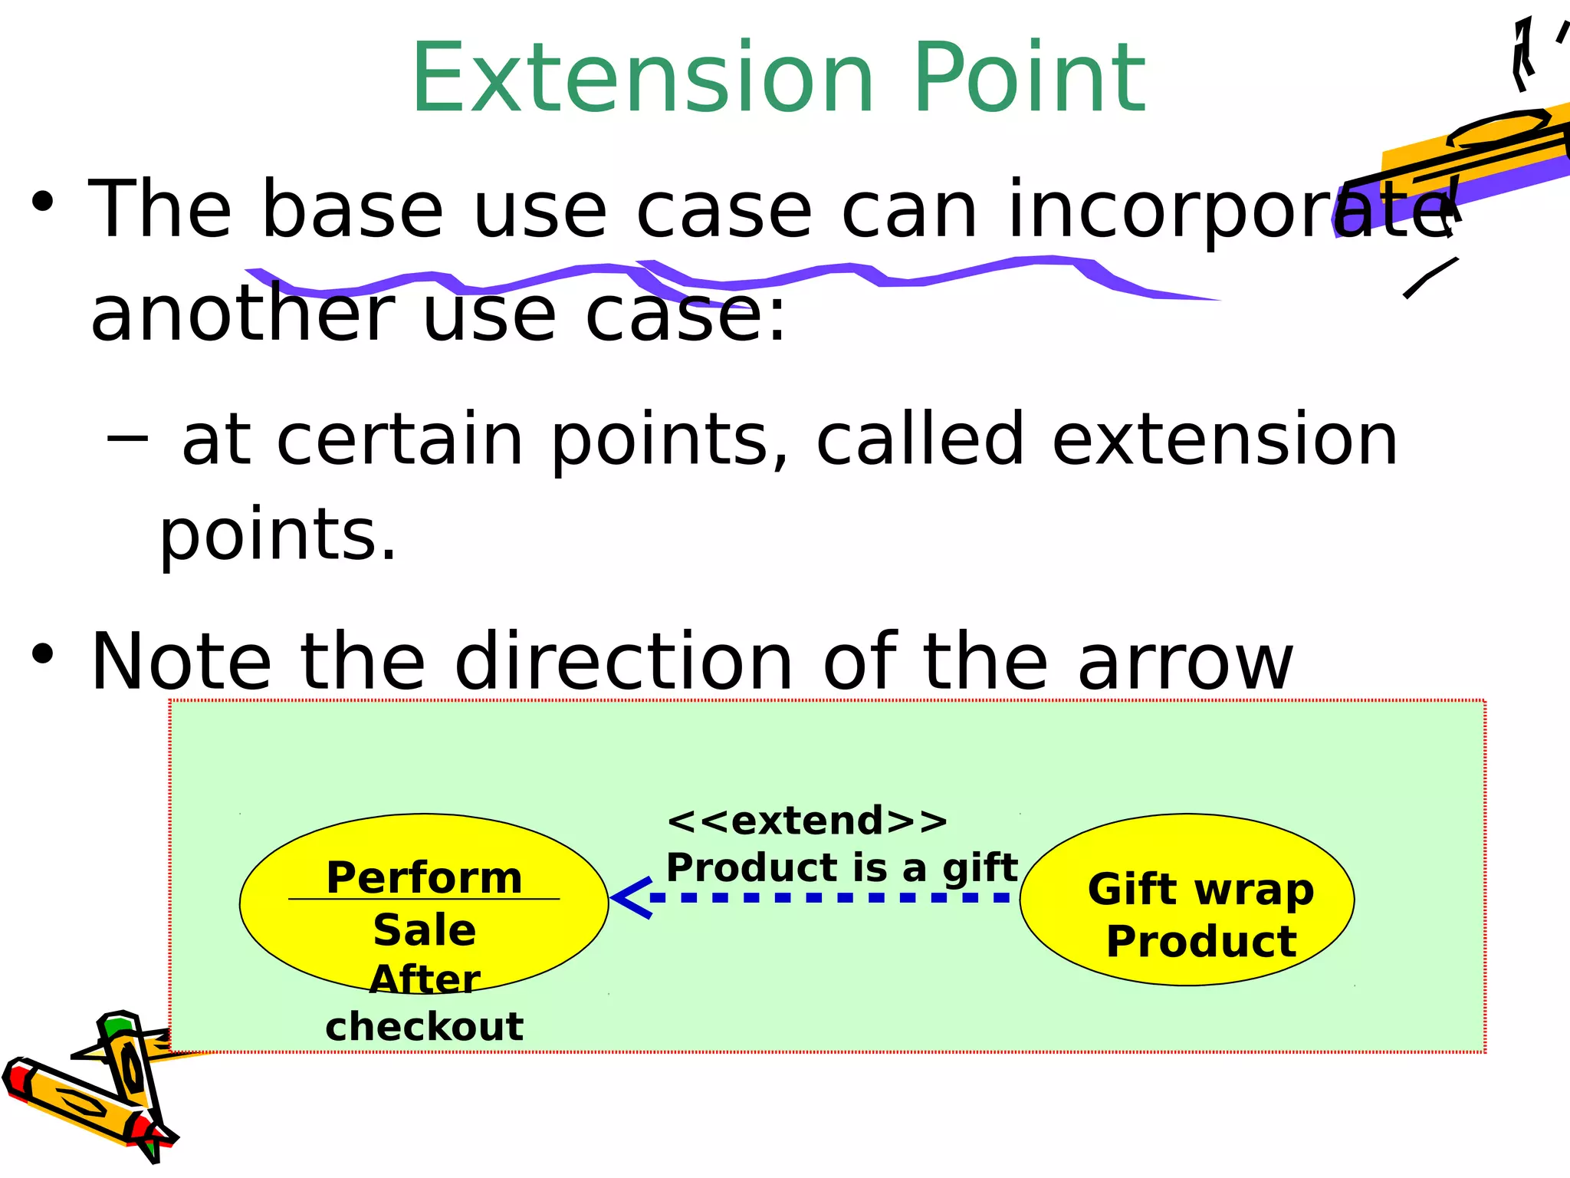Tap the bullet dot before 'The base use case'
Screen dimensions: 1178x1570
point(43,202)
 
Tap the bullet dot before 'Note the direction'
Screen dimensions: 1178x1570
point(43,654)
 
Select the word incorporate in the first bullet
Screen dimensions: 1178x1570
point(1227,211)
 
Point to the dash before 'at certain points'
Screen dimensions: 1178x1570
point(127,438)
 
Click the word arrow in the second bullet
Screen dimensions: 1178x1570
point(1185,661)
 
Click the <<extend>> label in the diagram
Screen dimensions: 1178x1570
point(807,821)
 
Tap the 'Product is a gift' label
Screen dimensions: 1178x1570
point(841,867)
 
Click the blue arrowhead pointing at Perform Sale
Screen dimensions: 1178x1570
point(630,897)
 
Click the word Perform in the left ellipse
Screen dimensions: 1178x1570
point(424,877)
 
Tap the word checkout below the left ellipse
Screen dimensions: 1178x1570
point(424,1026)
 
